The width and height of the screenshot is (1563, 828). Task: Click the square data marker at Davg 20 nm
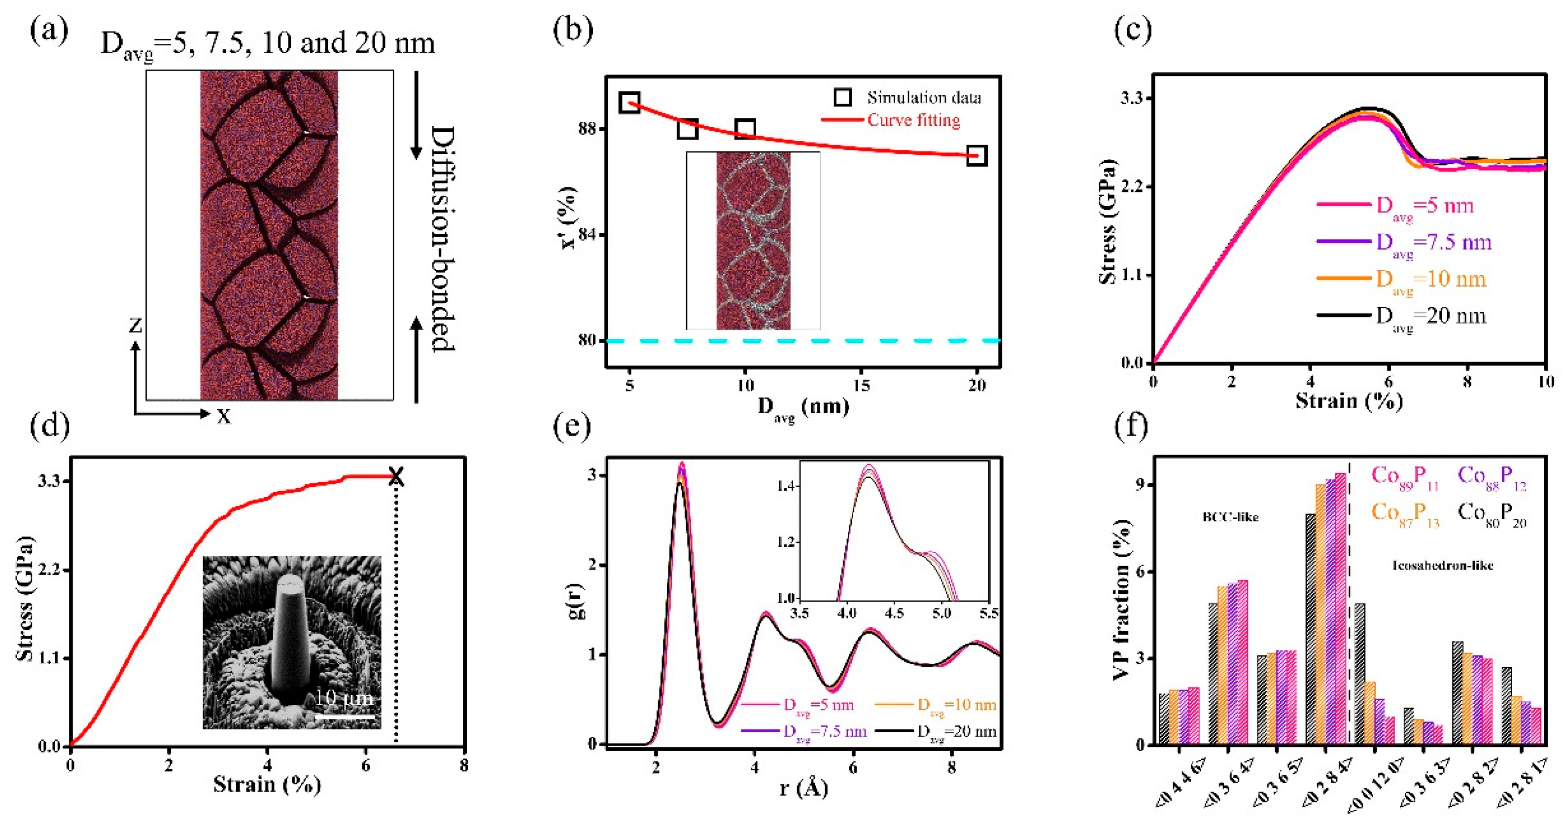pyautogui.click(x=976, y=155)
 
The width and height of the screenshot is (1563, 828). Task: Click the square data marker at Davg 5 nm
pyautogui.click(x=630, y=103)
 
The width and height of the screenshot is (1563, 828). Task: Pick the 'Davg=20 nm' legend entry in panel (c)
pyautogui.click(x=1430, y=316)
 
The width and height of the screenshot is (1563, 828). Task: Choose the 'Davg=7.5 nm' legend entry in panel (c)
pyautogui.click(x=1432, y=243)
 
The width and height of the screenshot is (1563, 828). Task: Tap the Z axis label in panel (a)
pyautogui.click(x=136, y=326)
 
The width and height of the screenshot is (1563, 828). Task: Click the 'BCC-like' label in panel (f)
pyautogui.click(x=1230, y=517)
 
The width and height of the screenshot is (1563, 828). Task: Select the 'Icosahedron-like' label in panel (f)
pyautogui.click(x=1442, y=565)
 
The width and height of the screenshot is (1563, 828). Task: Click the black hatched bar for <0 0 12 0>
pyautogui.click(x=1360, y=674)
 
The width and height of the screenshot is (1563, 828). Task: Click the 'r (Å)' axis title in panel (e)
pyautogui.click(x=803, y=788)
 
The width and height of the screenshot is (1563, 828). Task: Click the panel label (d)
pyautogui.click(x=49, y=426)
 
